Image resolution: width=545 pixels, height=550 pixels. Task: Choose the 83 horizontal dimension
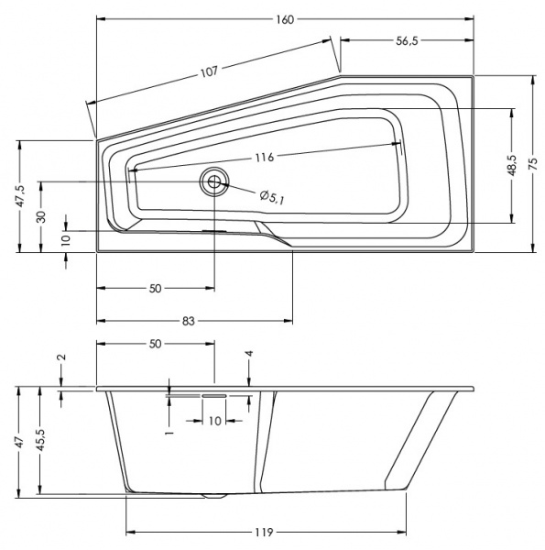[x=189, y=321]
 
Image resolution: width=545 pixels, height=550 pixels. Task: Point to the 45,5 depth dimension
[x=41, y=439]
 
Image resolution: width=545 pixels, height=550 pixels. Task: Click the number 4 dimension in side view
[x=248, y=354]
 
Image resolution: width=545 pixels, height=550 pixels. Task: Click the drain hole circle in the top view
[x=215, y=181]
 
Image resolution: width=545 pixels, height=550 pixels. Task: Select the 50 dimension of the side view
[x=155, y=344]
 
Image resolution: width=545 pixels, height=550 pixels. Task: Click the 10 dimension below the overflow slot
[x=215, y=421]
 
